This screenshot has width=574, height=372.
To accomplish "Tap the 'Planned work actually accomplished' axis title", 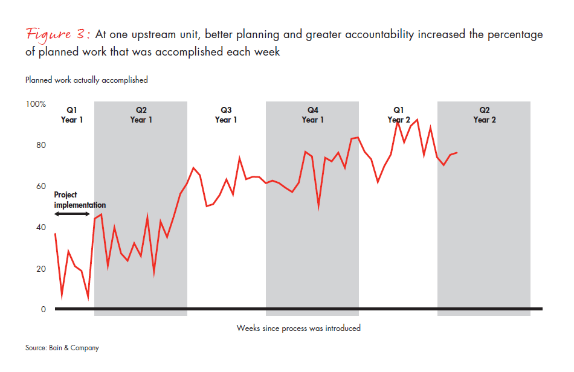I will click(86, 80).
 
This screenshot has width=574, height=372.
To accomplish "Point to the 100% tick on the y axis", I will click(36, 104).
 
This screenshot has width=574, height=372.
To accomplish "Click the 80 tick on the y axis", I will click(40, 146).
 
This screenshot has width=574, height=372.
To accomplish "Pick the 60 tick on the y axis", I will click(40, 187).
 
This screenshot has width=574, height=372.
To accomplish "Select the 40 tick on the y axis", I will click(40, 228).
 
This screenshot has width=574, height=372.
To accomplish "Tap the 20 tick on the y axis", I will click(40, 269).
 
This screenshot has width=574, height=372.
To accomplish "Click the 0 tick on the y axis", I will click(43, 310).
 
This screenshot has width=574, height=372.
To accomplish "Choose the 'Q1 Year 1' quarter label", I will click(72, 115).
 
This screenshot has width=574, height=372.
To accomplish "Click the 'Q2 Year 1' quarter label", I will click(141, 115).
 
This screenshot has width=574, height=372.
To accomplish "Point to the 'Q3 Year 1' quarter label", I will click(226, 115).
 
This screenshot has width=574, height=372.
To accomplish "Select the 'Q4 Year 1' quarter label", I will click(312, 115).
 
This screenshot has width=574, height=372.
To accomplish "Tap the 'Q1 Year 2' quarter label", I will click(399, 115).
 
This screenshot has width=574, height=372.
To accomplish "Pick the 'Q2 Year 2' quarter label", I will click(485, 115).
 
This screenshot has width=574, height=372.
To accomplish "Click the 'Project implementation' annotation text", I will click(79, 200).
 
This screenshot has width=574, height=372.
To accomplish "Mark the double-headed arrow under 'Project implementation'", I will click(72, 214).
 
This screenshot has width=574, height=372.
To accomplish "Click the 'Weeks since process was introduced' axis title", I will click(298, 329).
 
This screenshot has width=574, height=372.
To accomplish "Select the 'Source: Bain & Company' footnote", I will click(62, 348).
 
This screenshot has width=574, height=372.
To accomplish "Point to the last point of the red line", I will click(457, 153).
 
